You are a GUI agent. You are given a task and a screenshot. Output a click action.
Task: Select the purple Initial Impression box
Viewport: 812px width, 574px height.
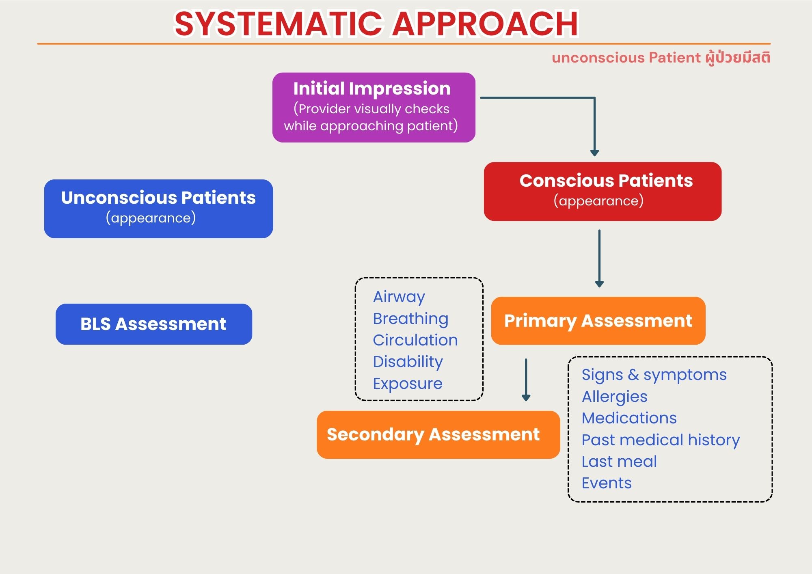(374, 108)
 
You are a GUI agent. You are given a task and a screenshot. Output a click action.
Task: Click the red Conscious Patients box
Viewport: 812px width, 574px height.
(603, 191)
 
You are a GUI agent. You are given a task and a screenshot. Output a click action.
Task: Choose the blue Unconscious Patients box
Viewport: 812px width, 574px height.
(158, 209)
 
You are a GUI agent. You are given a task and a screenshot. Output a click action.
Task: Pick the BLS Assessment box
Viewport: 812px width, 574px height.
(153, 324)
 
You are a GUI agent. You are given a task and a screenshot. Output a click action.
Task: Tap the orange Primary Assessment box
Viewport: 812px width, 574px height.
(598, 321)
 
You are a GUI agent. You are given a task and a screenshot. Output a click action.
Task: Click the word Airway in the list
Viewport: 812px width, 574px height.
(399, 297)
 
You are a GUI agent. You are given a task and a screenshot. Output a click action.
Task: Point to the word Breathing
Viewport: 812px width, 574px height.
(410, 319)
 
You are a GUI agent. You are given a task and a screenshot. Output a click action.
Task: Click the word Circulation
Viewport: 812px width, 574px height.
(415, 340)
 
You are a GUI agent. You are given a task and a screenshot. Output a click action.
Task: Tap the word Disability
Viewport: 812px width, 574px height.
(408, 362)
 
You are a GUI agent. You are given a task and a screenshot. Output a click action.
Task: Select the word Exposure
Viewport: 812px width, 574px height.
(408, 384)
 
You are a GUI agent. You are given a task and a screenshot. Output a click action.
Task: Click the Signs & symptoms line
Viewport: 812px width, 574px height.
(654, 375)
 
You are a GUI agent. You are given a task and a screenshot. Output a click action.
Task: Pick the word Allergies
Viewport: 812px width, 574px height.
(614, 397)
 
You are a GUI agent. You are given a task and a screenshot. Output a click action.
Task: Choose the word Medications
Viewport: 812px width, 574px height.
(629, 418)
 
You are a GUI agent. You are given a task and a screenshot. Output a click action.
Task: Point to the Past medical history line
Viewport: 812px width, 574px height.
(661, 440)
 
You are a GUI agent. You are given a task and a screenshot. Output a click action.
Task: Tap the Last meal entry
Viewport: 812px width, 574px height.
(619, 462)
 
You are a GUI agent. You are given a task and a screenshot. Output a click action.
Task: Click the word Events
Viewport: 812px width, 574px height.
(607, 483)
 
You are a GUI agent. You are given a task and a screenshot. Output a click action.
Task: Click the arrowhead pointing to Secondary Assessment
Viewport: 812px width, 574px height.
(526, 397)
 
